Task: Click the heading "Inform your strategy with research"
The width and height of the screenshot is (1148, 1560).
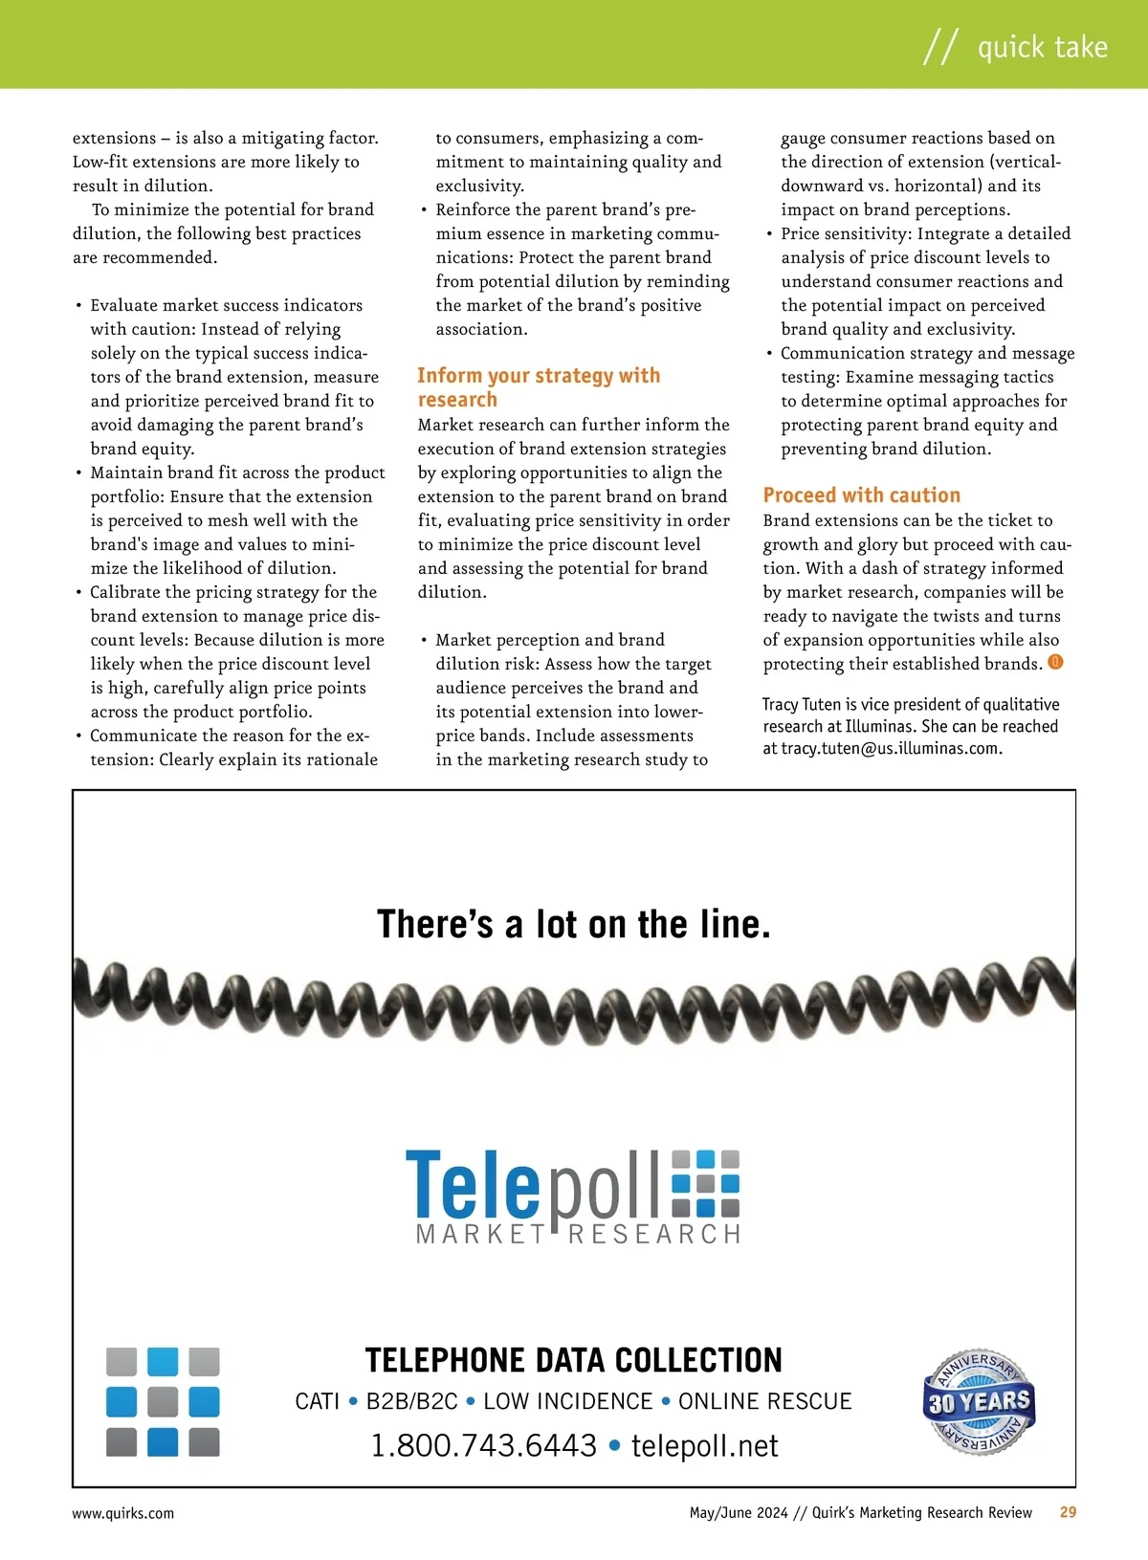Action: (539, 387)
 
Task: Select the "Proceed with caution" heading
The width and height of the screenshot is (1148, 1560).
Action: (861, 494)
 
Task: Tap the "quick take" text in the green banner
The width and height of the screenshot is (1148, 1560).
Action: (1042, 47)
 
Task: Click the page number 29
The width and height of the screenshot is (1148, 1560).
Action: (1068, 1512)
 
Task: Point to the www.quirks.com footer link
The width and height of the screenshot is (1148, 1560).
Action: (123, 1513)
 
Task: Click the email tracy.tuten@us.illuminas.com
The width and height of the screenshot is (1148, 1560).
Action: (891, 749)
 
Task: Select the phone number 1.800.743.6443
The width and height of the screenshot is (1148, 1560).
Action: (483, 1445)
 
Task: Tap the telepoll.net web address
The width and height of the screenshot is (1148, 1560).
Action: (705, 1445)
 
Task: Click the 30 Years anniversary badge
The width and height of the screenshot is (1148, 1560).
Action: (979, 1402)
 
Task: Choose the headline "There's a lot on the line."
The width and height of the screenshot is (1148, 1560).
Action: (574, 924)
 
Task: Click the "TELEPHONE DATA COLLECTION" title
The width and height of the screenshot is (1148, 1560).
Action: (574, 1359)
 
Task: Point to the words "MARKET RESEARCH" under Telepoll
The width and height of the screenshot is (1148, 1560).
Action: (578, 1234)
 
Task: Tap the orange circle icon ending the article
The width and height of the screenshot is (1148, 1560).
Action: (1055, 662)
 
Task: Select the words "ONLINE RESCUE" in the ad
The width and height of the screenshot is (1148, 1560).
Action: (764, 1401)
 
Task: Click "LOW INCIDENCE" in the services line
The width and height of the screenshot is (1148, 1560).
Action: (567, 1401)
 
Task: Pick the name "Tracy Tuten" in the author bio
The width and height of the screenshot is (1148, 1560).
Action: (801, 705)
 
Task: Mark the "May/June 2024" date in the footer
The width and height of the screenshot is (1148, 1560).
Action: (739, 1512)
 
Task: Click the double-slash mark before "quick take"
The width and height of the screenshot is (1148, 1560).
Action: (939, 47)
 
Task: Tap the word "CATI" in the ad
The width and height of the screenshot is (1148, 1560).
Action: (318, 1401)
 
